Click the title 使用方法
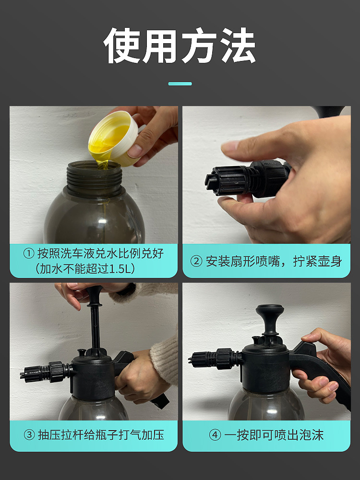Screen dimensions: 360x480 point(180,46)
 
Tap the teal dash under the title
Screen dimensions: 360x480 point(180,84)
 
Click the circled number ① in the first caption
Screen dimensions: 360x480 point(29,254)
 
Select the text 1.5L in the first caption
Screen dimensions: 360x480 point(120,269)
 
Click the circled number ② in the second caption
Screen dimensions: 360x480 point(196,262)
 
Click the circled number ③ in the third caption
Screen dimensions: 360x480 point(29,435)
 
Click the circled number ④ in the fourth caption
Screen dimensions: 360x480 point(215,435)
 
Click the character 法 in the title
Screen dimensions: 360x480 point(239,46)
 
